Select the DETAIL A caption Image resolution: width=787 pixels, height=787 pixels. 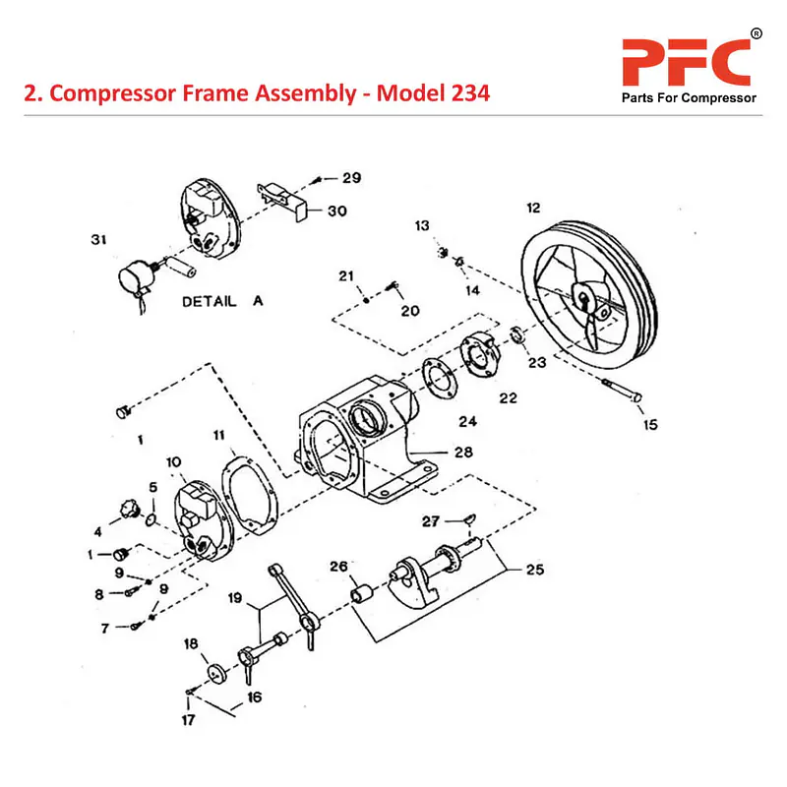(223, 302)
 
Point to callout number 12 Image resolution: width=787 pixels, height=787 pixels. (533, 208)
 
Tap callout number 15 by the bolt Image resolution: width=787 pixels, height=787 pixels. (650, 425)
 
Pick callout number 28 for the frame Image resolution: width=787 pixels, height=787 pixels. (461, 453)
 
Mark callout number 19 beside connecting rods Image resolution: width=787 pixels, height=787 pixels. (235, 597)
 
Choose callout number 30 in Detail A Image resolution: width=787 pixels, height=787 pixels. (337, 211)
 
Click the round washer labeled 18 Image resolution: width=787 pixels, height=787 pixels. (212, 675)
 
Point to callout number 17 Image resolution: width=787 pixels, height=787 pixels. (187, 719)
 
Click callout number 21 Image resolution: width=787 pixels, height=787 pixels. (346, 274)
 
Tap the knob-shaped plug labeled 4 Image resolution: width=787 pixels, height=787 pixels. (126, 508)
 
